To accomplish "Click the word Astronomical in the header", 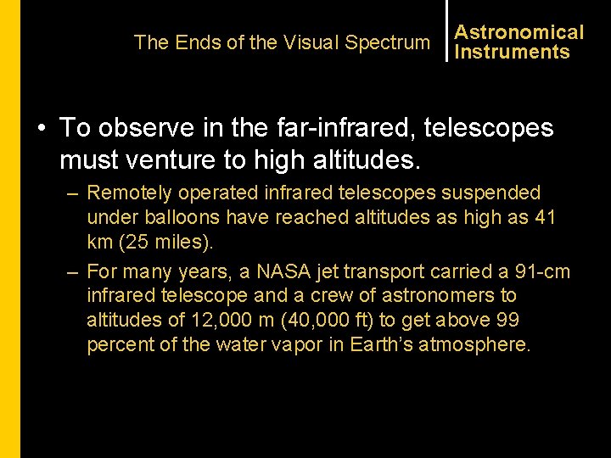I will pyautogui.click(x=519, y=32).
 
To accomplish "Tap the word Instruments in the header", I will pyautogui.click(x=512, y=52).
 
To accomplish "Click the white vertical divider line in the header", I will pyautogui.click(x=446, y=31).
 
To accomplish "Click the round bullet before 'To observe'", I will pyautogui.click(x=41, y=129).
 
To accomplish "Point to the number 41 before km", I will pyautogui.click(x=544, y=218).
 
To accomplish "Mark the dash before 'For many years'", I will pyautogui.click(x=73, y=272).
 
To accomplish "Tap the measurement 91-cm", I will pyautogui.click(x=543, y=272).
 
